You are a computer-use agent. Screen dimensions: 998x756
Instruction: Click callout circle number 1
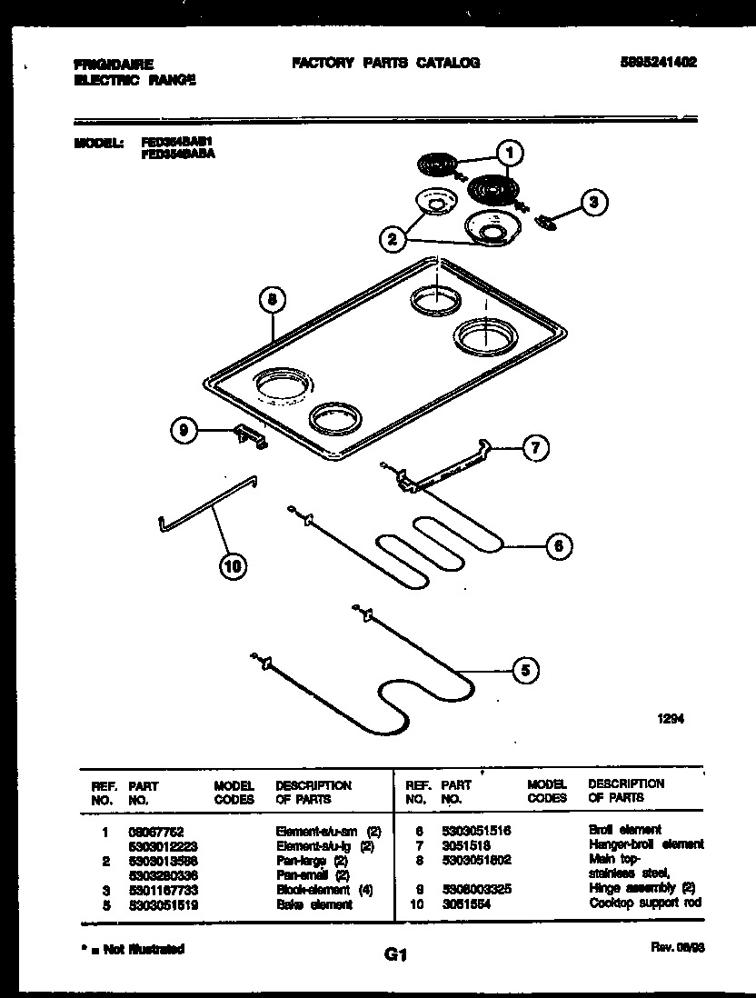point(511,154)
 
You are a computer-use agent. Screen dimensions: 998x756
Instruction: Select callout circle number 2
point(392,239)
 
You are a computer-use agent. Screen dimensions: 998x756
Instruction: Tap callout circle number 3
point(593,203)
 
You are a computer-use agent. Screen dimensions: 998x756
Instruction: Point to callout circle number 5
point(523,671)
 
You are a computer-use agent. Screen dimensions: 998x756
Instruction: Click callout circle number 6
point(559,545)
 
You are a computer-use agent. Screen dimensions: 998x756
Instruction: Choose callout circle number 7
point(536,447)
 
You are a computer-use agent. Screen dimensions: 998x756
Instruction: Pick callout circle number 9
point(185,433)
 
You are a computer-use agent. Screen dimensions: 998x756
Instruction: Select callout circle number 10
point(233,568)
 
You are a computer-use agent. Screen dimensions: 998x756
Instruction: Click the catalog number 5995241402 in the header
point(659,63)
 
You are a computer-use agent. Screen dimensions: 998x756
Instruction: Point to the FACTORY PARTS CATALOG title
point(385,63)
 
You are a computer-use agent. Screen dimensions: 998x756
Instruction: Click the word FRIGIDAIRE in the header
point(114,65)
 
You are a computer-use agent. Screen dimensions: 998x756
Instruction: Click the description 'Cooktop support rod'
point(645,903)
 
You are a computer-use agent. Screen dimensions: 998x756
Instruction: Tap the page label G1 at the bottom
point(394,955)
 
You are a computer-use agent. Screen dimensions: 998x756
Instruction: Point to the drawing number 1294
point(671,718)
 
